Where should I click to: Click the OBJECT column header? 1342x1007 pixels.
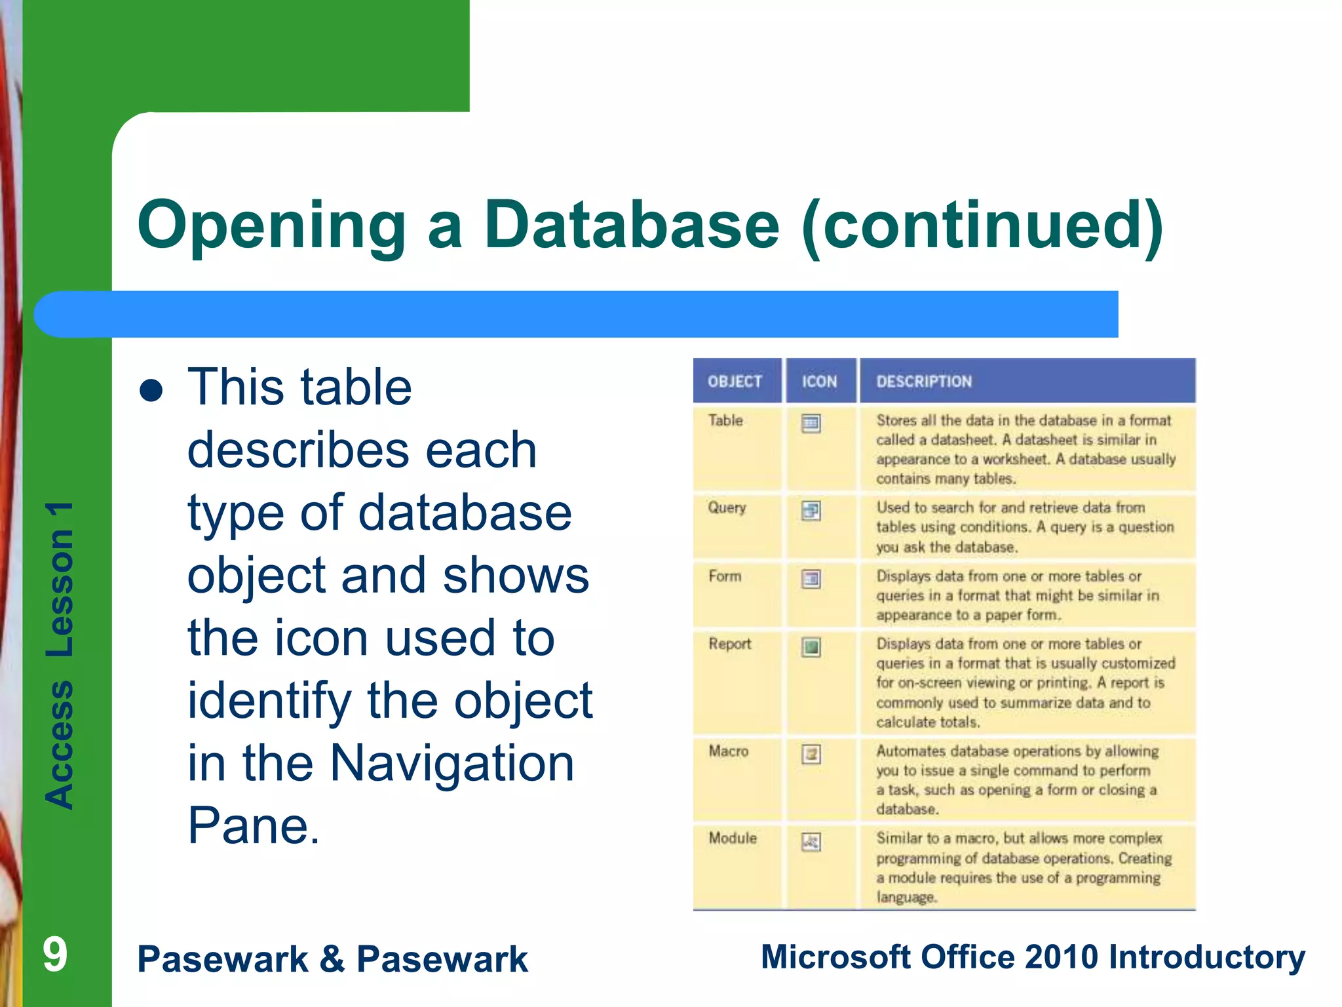(735, 382)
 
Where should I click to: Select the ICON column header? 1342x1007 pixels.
(819, 382)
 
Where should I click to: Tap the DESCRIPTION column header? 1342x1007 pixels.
(924, 382)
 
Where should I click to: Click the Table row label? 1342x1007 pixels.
(725, 420)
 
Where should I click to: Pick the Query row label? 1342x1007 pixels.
(727, 507)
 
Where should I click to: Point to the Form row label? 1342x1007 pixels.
(725, 576)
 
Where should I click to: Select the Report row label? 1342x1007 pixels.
(729, 644)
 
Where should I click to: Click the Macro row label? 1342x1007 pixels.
(728, 751)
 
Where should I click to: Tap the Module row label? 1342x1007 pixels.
(733, 838)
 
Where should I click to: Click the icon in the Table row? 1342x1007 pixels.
(811, 424)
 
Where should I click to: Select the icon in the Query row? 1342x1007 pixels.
(811, 510)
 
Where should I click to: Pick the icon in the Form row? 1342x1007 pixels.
(811, 579)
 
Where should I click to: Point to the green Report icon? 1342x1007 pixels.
(811, 647)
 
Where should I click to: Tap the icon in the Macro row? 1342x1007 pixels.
(811, 754)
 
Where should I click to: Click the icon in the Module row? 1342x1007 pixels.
(811, 842)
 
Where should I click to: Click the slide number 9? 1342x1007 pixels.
(55, 955)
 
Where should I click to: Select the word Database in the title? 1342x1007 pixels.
(632, 225)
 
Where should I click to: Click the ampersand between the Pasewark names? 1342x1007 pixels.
(333, 958)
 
